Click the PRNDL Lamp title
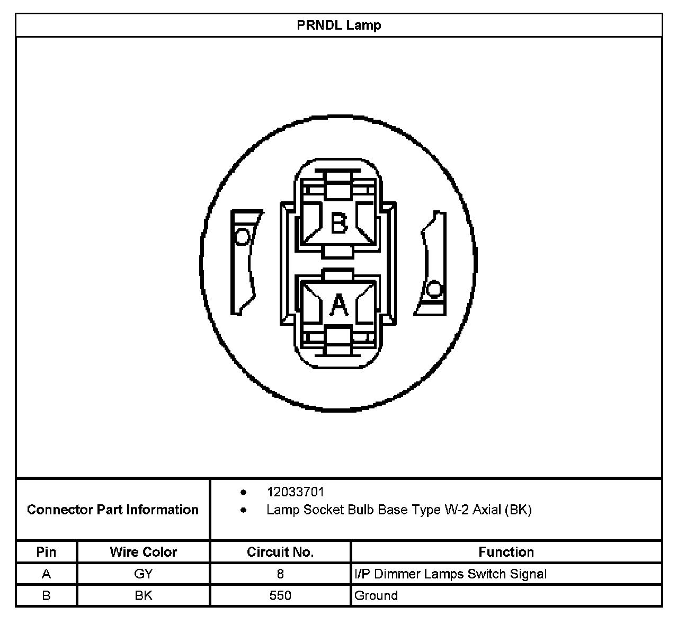pos(339,25)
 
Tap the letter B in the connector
pos(339,223)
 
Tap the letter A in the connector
pos(339,305)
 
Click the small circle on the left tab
pos(242,236)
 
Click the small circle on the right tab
pos(434,289)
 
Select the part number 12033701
pos(295,492)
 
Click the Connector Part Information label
pos(113,510)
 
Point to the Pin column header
pos(46,552)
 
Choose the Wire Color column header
pos(143,552)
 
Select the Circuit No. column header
pos(280,552)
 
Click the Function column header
pos(506,552)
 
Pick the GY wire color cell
pos(143,574)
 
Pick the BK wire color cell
pos(143,595)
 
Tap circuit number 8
pos(280,574)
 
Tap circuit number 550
pos(280,595)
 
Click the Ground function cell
pos(376,595)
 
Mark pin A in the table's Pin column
pos(46,574)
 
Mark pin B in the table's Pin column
pos(46,595)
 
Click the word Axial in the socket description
pos(486,510)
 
